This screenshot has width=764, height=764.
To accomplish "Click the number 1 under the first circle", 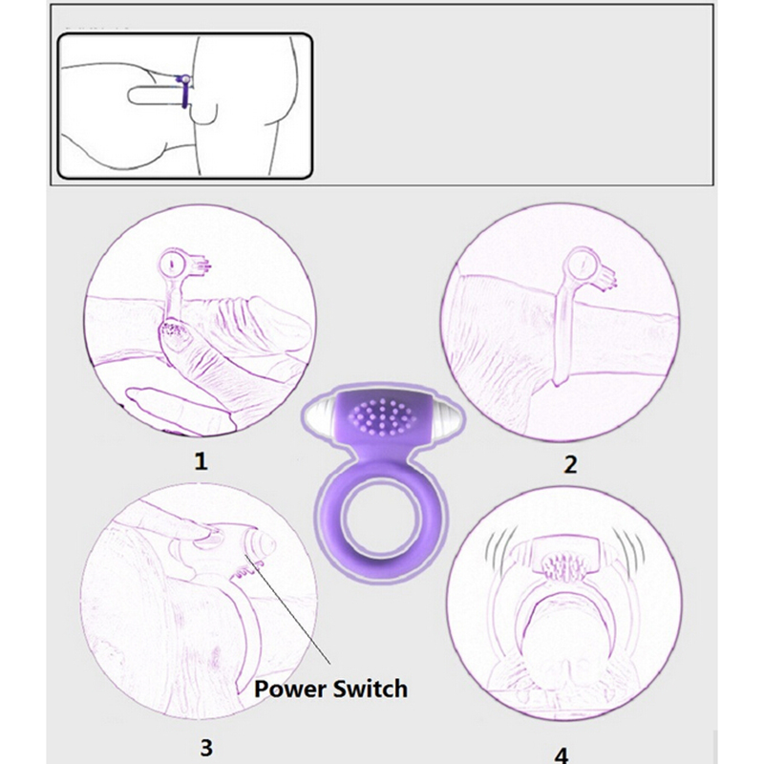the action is point(201,460).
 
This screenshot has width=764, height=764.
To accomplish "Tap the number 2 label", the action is point(570,464).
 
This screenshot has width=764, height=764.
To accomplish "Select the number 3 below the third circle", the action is point(206,747).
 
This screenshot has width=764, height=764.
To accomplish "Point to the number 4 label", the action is point(562,755).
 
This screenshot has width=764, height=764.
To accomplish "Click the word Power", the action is point(290,690).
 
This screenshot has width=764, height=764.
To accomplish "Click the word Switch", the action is point(371,689).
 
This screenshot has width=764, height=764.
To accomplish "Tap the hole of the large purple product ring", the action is point(382,521).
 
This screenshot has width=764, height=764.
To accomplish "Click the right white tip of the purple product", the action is point(446,417).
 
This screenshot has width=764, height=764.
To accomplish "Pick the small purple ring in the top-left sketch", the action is point(185,92).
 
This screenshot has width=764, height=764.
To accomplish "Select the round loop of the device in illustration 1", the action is point(172,264).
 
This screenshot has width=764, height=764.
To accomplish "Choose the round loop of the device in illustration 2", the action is point(581,263).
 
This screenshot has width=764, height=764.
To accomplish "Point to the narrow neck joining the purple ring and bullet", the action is point(383,456).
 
